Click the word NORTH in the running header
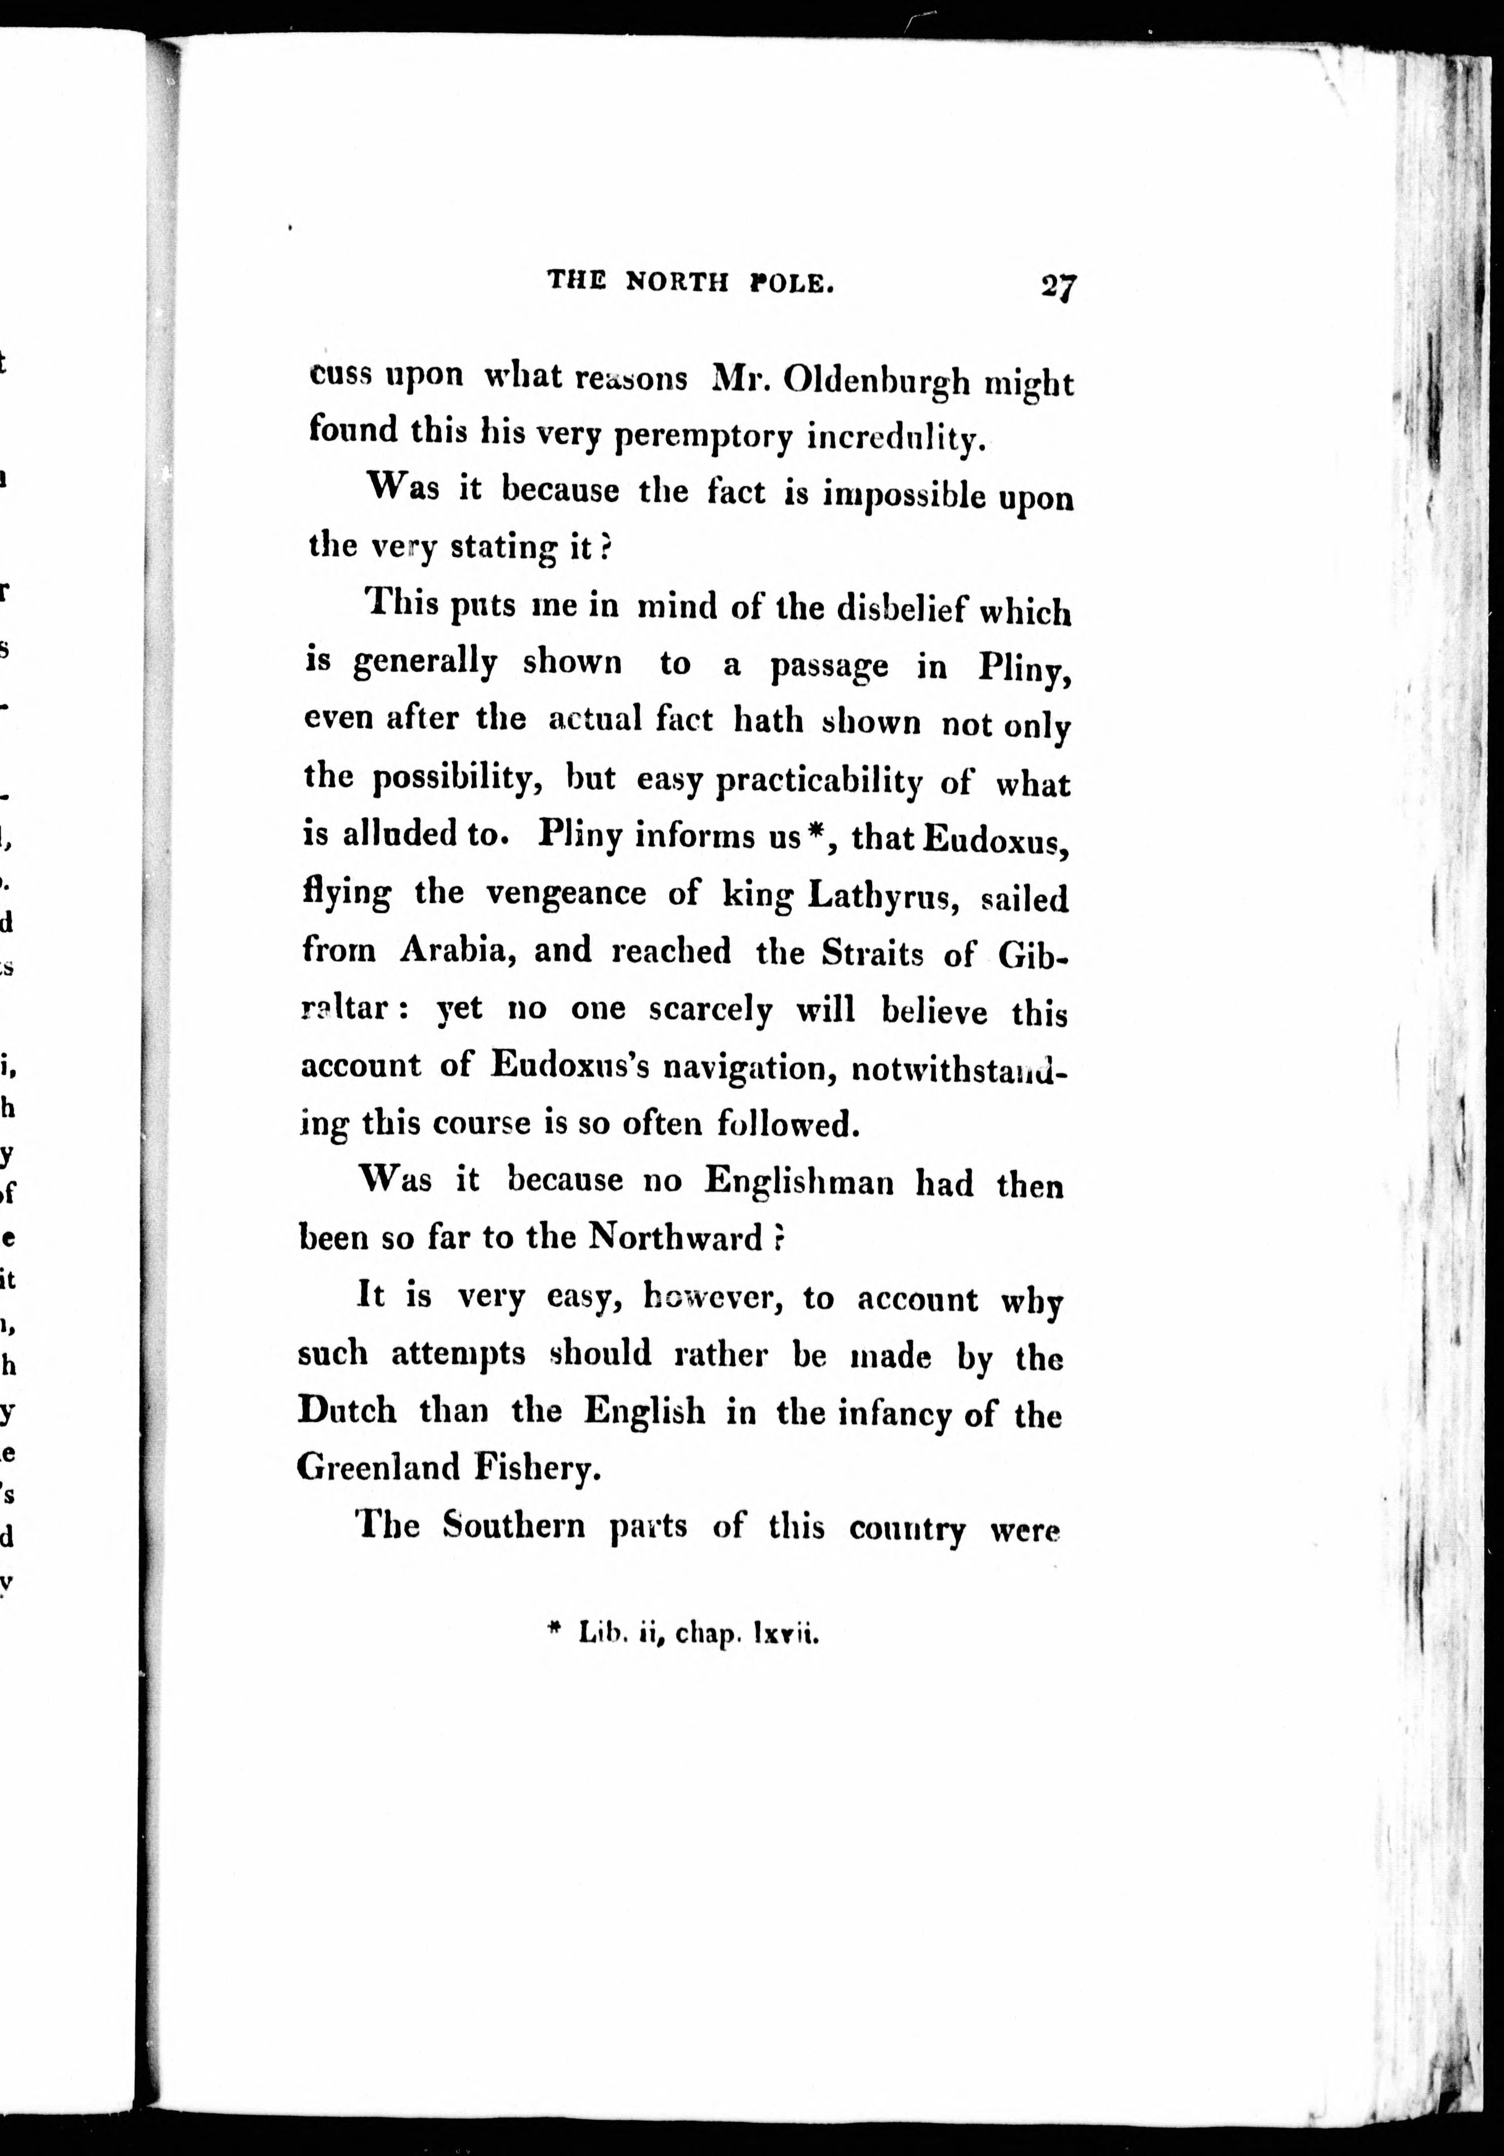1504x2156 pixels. (x=677, y=281)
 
